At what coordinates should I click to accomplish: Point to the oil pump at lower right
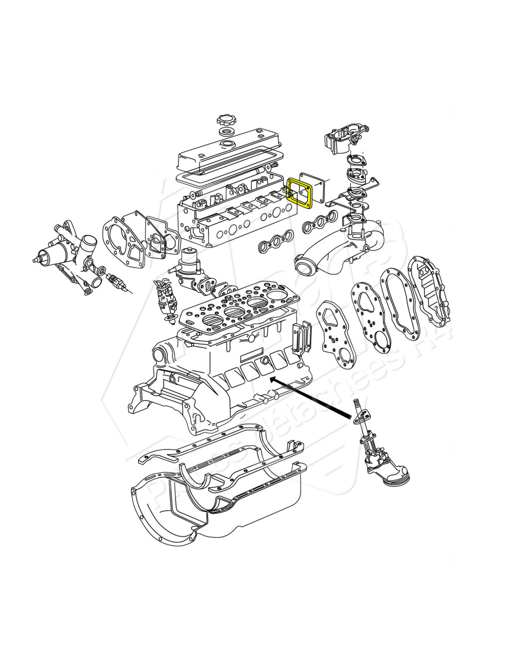[x=377, y=459]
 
